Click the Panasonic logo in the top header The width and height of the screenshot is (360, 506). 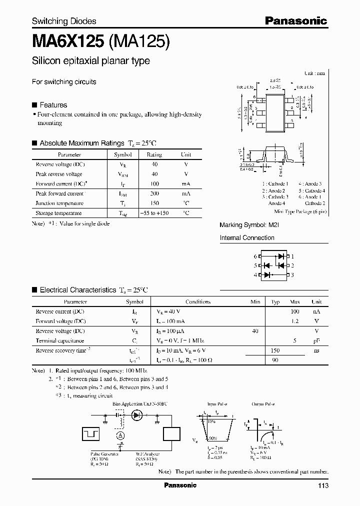295,20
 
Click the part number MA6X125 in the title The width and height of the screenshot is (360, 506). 68,41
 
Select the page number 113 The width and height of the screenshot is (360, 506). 322,485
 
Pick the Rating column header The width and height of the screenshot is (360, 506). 154,155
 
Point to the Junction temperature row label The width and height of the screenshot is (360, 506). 59,203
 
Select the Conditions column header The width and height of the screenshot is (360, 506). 198,302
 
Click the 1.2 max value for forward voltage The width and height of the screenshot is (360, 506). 295,321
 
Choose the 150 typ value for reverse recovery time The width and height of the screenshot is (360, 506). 275,350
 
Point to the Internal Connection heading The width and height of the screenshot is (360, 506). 247,238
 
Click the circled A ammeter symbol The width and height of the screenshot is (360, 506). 120,435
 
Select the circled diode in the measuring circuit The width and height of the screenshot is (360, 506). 136,414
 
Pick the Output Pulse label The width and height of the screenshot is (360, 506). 262,403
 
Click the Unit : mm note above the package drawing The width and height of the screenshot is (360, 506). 314,73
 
